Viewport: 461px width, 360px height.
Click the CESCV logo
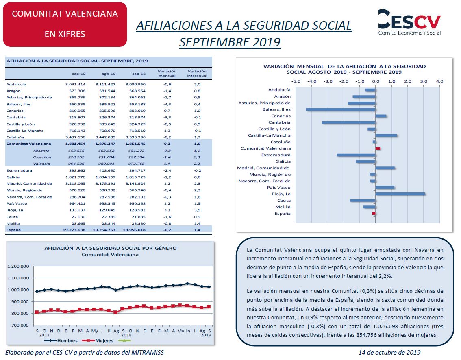click(x=409, y=22)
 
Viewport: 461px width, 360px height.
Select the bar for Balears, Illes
click(x=341, y=110)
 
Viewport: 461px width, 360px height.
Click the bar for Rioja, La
click(x=400, y=194)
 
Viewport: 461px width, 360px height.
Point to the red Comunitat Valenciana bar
click(x=378, y=148)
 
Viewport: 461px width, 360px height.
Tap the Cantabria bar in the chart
click(x=349, y=122)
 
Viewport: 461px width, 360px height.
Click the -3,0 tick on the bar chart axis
click(x=328, y=81)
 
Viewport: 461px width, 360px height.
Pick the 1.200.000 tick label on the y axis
click(x=18, y=266)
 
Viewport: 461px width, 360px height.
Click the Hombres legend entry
click(x=61, y=340)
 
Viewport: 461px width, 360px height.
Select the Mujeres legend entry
click(x=98, y=340)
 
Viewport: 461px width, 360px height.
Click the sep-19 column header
click(x=79, y=74)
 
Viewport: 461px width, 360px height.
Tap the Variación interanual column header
click(x=197, y=74)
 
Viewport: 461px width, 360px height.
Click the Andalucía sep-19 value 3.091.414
click(x=75, y=85)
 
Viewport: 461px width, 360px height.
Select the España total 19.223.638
click(x=74, y=230)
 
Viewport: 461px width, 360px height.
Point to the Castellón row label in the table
click(x=42, y=157)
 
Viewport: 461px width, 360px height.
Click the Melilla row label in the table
click(x=13, y=224)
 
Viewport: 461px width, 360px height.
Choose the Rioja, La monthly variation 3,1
click(x=167, y=210)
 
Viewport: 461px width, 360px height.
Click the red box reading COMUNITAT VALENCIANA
click(x=65, y=24)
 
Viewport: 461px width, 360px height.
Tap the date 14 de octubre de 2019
click(x=389, y=352)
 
